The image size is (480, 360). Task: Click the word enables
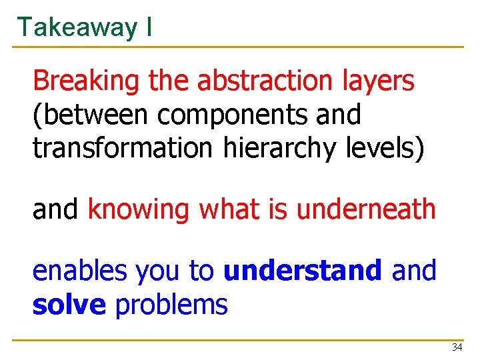tap(79, 271)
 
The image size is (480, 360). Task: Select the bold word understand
tap(303, 271)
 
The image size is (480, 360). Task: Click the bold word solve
tap(69, 305)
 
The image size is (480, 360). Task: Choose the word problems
tap(171, 305)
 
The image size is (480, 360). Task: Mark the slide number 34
tap(457, 347)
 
